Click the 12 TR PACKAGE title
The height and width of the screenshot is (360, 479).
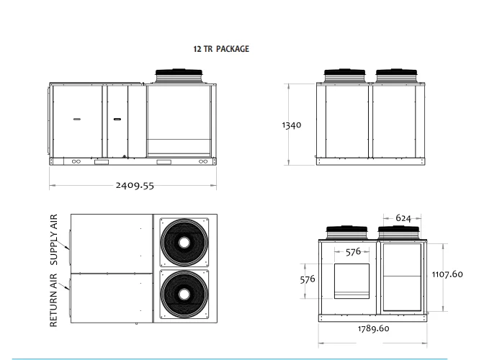point(221,49)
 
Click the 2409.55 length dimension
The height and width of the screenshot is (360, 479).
point(135,185)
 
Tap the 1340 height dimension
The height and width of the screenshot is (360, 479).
point(292,125)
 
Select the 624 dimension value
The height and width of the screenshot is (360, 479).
point(403,218)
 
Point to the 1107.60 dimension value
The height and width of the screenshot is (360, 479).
point(447,274)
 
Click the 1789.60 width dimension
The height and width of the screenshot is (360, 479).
point(373,328)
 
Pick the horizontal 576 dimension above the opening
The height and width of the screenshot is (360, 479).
point(353,252)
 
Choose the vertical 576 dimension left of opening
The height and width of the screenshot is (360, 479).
point(308,279)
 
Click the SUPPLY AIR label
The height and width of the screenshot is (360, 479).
point(53,240)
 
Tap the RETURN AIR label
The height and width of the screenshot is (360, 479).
point(53,300)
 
